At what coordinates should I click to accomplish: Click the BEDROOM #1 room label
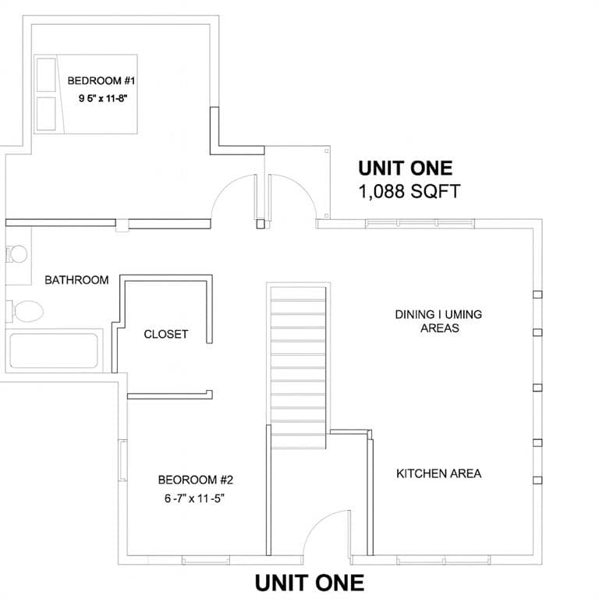(101, 80)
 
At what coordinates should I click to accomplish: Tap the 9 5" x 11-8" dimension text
(103, 98)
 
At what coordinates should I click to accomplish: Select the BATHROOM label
(76, 280)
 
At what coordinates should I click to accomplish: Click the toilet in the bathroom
(25, 311)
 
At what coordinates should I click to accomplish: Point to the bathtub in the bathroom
(54, 351)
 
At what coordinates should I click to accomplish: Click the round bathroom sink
(17, 254)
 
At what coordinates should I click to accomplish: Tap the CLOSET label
(166, 335)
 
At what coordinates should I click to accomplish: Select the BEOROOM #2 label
(196, 480)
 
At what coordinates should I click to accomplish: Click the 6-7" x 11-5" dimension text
(194, 498)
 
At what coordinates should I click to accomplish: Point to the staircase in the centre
(299, 366)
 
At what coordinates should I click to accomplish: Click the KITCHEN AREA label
(439, 473)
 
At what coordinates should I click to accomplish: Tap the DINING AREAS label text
(439, 321)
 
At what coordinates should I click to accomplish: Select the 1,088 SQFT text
(409, 191)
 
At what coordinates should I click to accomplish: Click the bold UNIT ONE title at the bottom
(309, 583)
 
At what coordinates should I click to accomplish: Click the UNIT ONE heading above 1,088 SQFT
(406, 168)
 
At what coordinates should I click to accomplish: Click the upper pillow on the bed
(46, 75)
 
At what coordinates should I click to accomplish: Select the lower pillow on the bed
(46, 113)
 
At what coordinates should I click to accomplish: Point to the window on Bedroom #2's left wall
(122, 460)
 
